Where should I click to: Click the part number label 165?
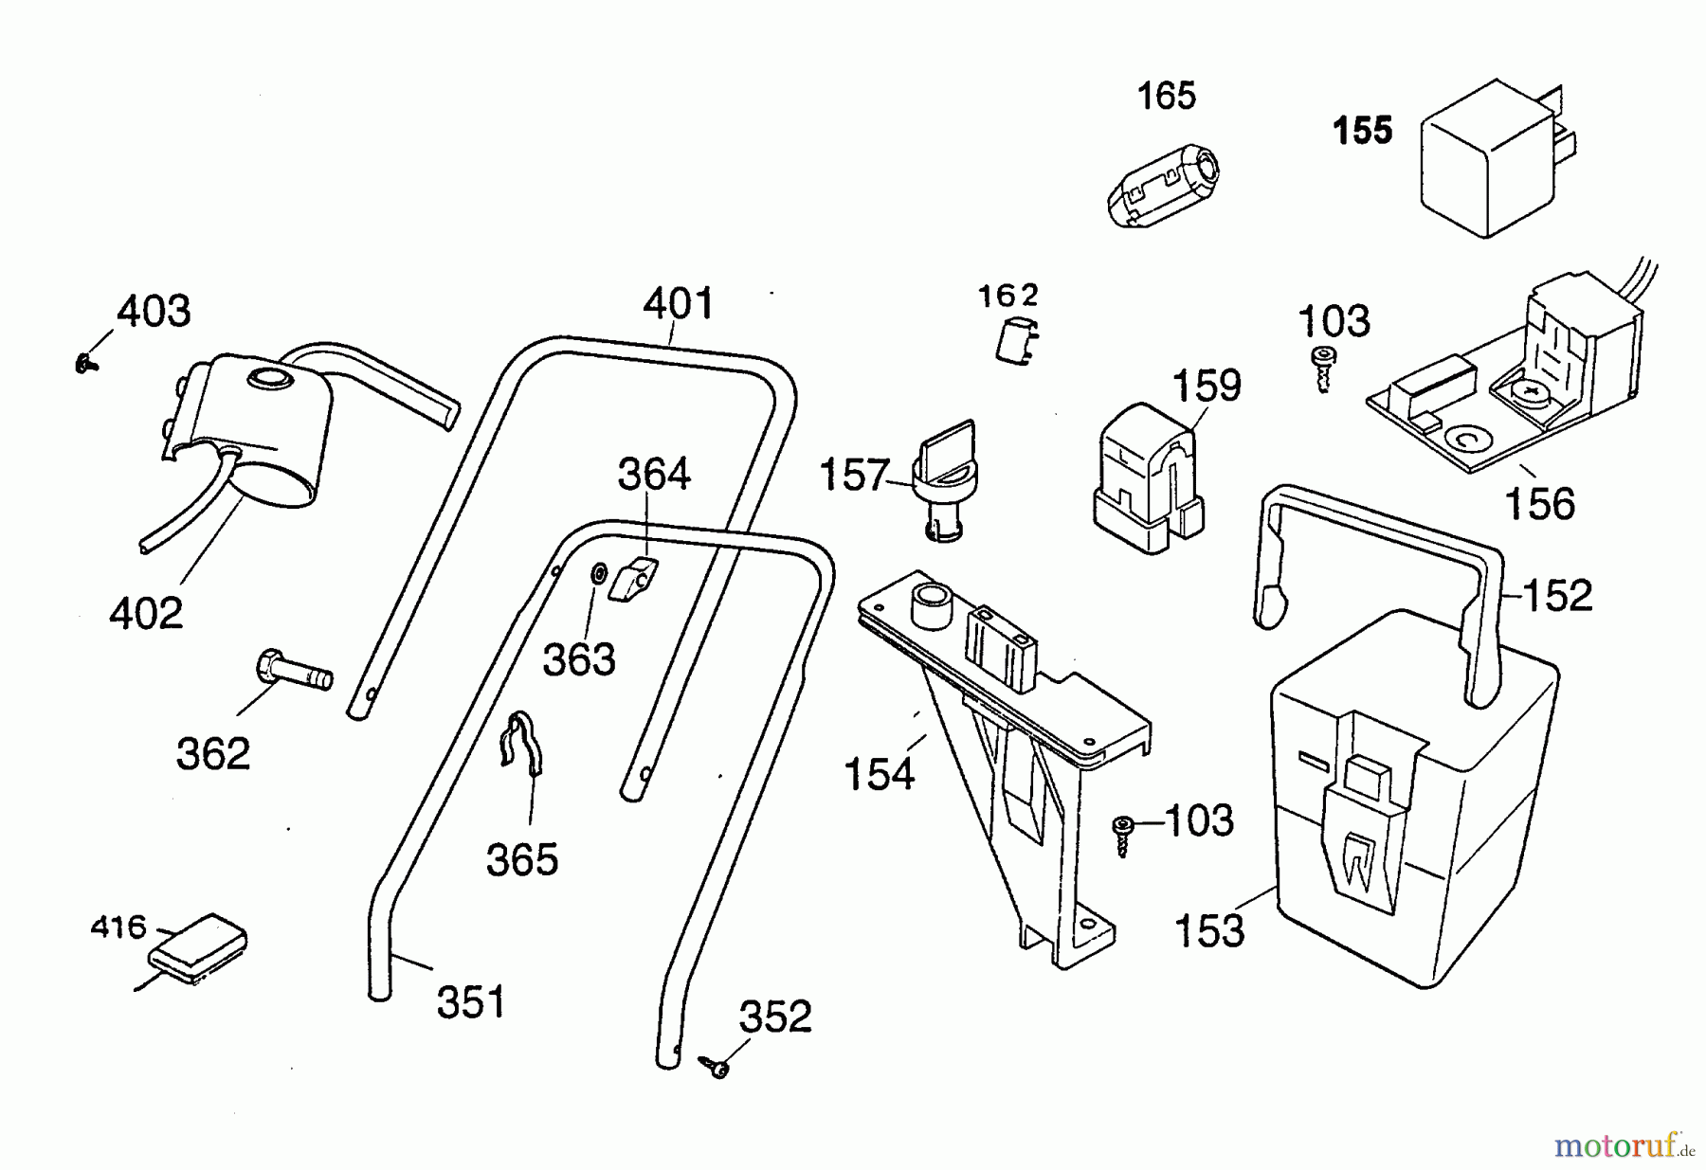tap(1166, 96)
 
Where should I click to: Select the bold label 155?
tap(1363, 131)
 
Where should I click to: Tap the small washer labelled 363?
tap(599, 574)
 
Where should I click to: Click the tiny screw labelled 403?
tap(87, 362)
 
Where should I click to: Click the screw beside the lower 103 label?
tap(1123, 835)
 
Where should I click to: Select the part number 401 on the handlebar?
tap(678, 304)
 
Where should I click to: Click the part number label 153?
tap(1208, 931)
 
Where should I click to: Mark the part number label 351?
tap(471, 1002)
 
